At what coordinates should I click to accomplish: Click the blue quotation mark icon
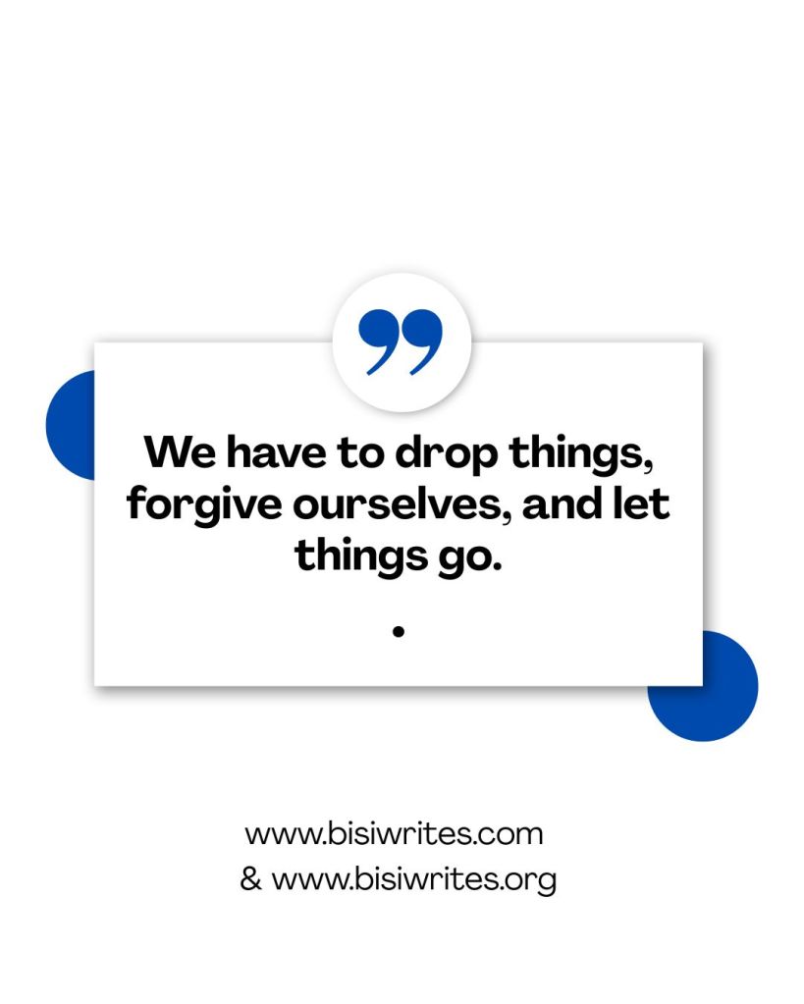point(401,342)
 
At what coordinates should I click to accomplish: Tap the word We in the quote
point(180,452)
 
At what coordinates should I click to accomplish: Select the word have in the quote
point(277,451)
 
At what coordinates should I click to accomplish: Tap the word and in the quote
point(562,503)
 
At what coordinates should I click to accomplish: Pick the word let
point(641,503)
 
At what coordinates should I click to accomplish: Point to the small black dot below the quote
point(399,632)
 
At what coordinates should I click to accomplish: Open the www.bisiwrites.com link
point(394,835)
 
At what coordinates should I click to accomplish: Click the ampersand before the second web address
point(250,879)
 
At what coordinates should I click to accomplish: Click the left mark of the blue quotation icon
point(378,342)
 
